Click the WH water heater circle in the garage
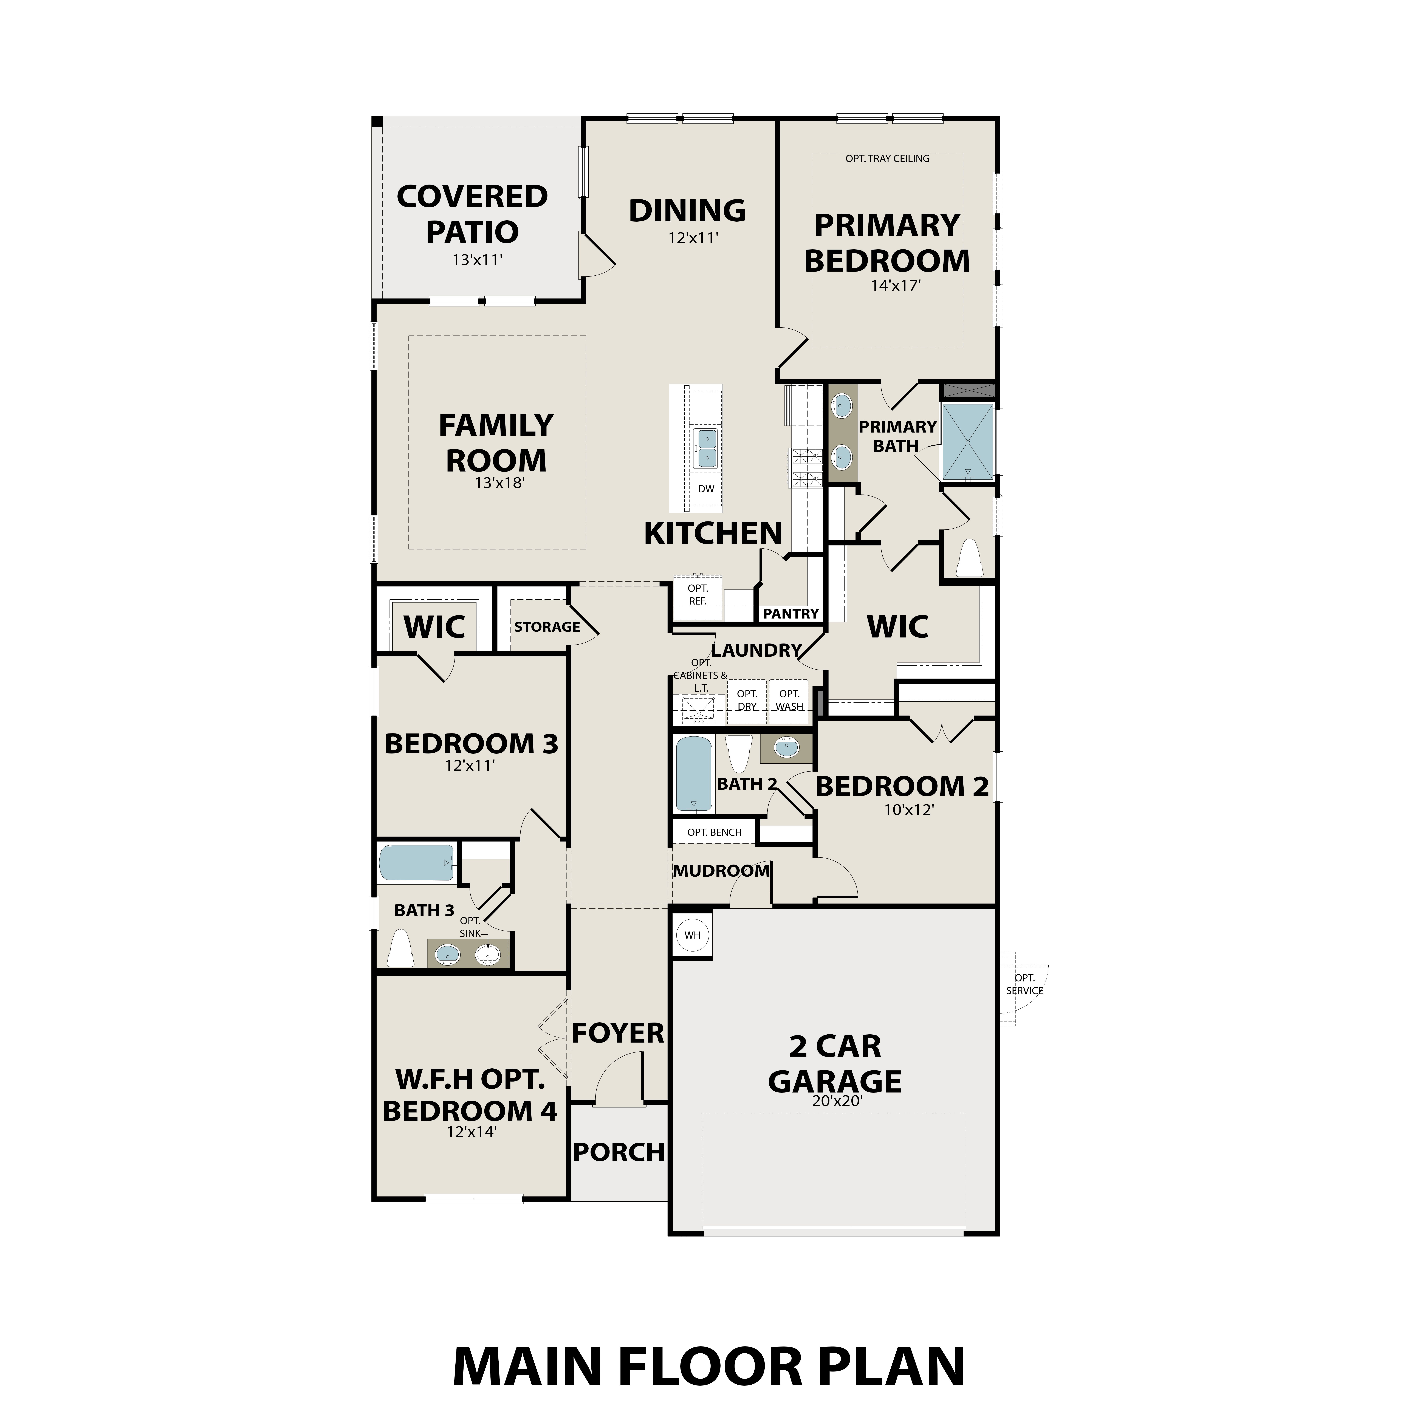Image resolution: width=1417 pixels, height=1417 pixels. tap(692, 935)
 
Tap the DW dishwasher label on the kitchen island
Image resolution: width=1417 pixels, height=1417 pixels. tap(705, 489)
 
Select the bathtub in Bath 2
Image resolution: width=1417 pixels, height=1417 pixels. tap(693, 775)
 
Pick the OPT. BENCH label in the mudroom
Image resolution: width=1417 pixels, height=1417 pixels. tap(714, 832)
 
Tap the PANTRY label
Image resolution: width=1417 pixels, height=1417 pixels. tap(791, 614)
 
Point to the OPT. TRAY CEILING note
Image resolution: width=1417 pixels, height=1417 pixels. tap(887, 158)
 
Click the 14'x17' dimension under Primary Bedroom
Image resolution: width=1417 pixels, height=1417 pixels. tap(896, 285)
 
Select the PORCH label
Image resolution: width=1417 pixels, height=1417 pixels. tap(618, 1152)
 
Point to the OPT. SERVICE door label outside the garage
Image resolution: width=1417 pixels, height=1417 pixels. tap(1025, 984)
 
